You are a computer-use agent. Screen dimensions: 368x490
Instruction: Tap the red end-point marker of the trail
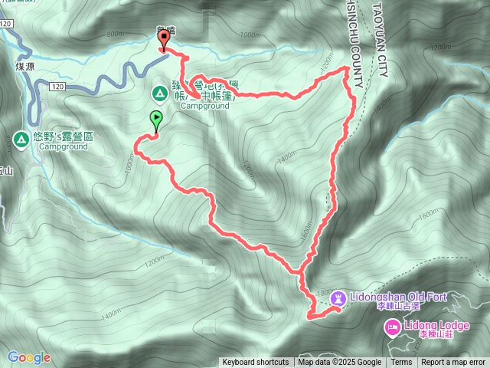pos(162,41)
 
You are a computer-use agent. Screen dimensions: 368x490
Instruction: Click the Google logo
pos(29,357)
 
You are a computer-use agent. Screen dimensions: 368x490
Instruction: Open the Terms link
pos(401,363)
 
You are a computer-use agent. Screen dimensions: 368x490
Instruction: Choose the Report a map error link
pos(452,363)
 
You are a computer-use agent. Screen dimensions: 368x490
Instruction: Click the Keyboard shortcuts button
pos(256,363)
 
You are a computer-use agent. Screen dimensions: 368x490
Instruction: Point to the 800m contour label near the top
pos(116,34)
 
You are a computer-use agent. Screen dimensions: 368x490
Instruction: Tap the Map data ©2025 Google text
pos(340,363)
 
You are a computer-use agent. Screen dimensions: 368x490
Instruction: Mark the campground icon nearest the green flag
pos(160,94)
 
